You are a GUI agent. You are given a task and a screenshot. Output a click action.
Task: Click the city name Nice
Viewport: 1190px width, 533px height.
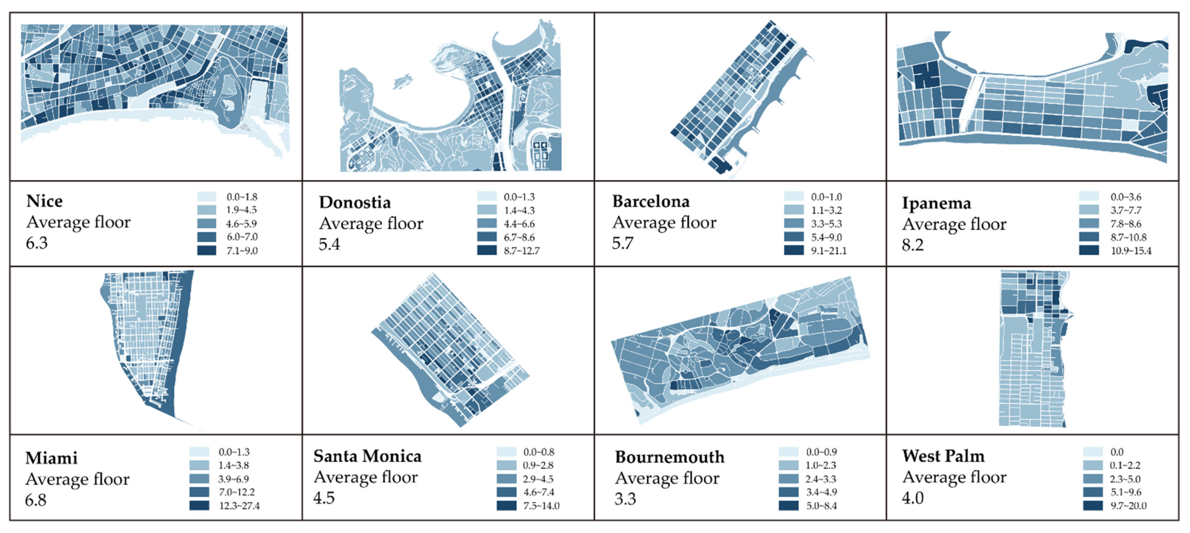tap(44, 201)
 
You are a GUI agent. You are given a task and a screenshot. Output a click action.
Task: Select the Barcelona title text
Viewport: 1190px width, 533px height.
tap(651, 201)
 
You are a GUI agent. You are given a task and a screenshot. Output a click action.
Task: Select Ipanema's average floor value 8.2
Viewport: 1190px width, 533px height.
tap(912, 245)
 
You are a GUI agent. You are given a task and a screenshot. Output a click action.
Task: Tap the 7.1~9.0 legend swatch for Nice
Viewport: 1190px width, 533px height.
tap(206, 250)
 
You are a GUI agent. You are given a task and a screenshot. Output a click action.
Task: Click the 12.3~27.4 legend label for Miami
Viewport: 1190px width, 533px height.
tap(239, 506)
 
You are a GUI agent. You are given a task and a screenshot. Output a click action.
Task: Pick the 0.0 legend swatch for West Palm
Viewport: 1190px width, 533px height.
tap(1093, 452)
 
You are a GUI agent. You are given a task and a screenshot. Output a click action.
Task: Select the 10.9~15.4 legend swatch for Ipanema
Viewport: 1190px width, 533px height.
tap(1089, 250)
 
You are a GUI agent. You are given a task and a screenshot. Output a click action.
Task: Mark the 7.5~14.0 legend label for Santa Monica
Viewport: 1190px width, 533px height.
tap(541, 506)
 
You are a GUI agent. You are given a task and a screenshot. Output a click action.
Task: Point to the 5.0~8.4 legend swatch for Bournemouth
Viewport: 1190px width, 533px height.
tap(788, 506)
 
